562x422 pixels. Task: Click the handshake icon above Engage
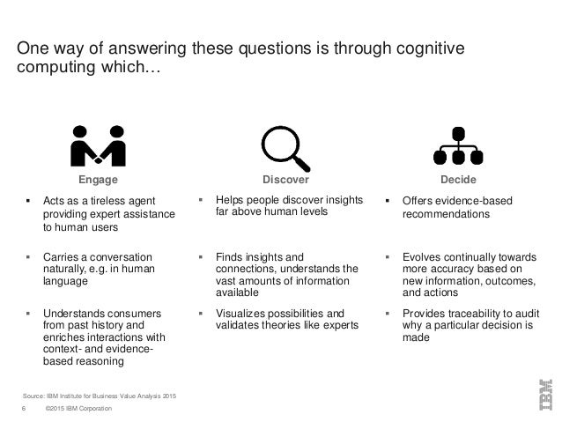point(98,146)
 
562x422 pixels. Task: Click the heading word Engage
point(98,179)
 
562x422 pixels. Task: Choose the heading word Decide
point(457,179)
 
